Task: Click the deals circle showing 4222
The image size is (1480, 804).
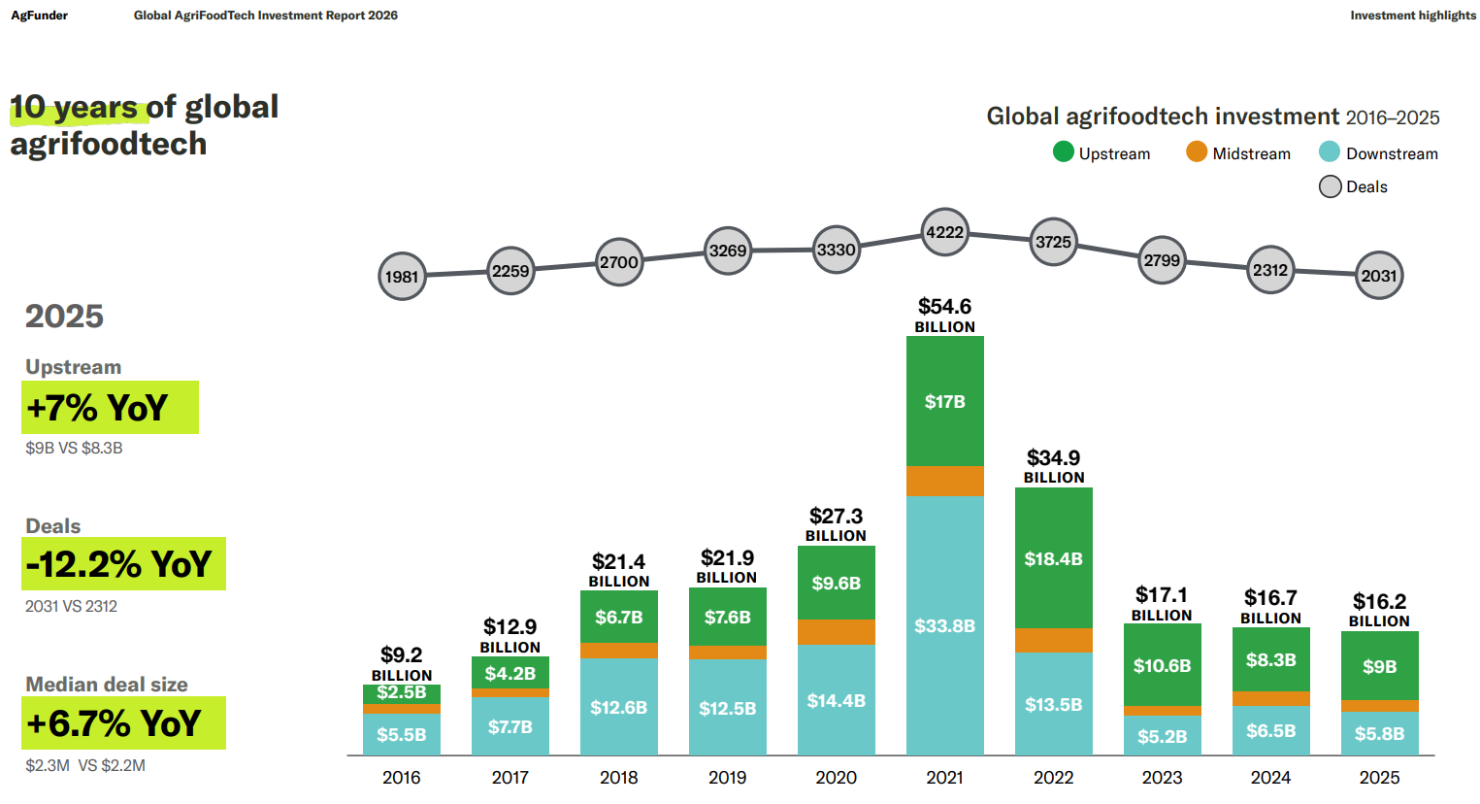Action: point(944,232)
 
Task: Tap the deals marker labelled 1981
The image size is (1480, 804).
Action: point(402,277)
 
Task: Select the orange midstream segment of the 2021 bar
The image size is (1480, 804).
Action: point(944,481)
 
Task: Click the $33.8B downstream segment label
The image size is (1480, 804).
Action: point(944,626)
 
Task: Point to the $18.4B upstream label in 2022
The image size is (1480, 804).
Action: point(1053,559)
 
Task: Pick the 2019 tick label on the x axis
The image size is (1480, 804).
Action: point(727,778)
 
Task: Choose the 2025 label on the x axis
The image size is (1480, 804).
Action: point(1379,778)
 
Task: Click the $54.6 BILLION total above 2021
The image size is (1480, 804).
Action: point(944,316)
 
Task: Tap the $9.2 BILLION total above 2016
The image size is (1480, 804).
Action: point(402,664)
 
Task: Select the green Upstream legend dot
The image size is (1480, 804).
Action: point(1064,152)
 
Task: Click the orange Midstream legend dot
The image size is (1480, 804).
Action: point(1197,152)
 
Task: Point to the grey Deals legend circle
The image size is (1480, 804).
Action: point(1331,186)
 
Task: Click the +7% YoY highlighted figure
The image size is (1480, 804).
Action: point(98,408)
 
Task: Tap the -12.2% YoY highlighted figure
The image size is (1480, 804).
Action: point(119,564)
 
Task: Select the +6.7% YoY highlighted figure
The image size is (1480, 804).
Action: point(115,723)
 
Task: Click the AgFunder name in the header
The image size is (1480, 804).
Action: point(40,16)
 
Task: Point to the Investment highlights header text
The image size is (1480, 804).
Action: point(1413,16)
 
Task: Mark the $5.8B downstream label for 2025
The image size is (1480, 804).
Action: point(1379,734)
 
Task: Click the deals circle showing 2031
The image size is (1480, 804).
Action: point(1379,276)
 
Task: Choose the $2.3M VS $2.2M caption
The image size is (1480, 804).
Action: point(85,766)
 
